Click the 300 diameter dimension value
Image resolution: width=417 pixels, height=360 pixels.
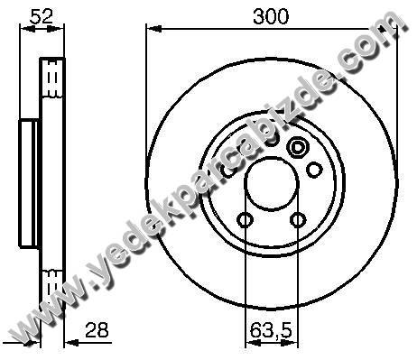click(x=271, y=16)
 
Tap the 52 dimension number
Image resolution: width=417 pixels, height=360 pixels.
click(x=42, y=16)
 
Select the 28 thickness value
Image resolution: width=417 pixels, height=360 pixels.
click(x=97, y=329)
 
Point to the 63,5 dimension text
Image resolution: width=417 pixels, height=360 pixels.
click(x=271, y=330)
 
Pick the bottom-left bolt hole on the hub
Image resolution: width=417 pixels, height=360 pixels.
click(x=245, y=220)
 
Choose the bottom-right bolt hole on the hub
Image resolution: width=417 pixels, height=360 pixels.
click(x=298, y=220)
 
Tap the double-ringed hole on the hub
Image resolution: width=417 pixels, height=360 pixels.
click(x=297, y=147)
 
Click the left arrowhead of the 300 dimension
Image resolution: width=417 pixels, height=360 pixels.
click(x=153, y=29)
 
